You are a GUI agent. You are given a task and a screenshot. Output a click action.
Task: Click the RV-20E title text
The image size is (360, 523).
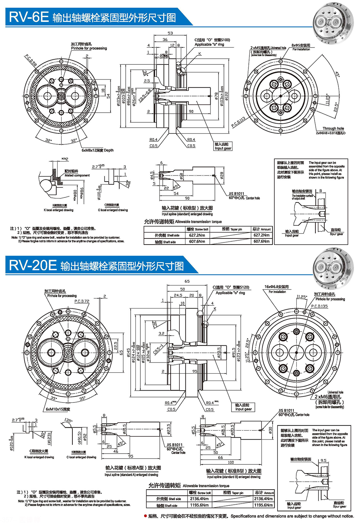pos(33,265)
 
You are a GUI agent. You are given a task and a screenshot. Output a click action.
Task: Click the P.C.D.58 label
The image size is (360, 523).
pos(31,61)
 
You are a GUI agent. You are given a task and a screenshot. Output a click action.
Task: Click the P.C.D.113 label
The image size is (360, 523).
pos(238,122)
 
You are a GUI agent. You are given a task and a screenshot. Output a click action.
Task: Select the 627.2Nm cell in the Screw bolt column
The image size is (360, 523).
pos(197,235)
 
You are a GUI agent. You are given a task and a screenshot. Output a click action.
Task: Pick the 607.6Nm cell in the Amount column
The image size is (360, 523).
pos(261,241)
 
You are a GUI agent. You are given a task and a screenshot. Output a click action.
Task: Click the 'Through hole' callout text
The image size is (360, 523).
pos(333,128)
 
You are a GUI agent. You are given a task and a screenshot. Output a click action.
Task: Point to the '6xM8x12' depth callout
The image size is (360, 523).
pos(97,150)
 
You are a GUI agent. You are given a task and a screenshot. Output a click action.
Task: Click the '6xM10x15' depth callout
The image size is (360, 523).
pos(58,409)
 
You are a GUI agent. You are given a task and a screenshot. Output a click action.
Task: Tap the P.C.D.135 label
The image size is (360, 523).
pos(319,306)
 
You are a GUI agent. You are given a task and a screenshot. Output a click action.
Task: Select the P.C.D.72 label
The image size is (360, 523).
pos(82,301)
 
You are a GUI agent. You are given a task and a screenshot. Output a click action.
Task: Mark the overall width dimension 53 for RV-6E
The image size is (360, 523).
pos(170,33)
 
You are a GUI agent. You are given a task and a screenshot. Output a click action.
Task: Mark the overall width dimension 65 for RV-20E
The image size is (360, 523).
pos(187,281)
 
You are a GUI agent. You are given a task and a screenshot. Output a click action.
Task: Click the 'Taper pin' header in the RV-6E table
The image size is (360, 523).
pos(232,229)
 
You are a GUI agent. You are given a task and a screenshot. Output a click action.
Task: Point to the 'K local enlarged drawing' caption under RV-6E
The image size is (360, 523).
pos(59,210)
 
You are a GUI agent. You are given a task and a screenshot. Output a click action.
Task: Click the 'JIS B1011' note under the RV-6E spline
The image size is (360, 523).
pos(236,194)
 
